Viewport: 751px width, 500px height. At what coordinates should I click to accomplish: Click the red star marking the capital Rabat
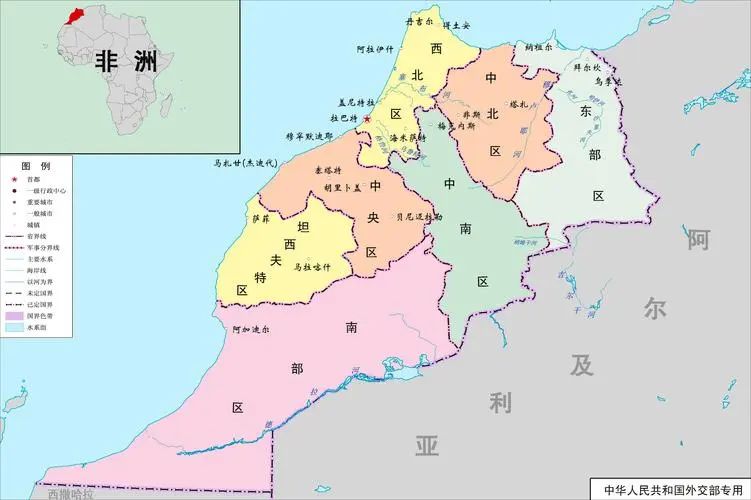pos(367,119)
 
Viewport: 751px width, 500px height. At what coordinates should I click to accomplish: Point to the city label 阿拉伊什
pos(375,48)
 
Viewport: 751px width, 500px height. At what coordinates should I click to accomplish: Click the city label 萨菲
pos(261,218)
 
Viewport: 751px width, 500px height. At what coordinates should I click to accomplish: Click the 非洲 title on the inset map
pos(126,59)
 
